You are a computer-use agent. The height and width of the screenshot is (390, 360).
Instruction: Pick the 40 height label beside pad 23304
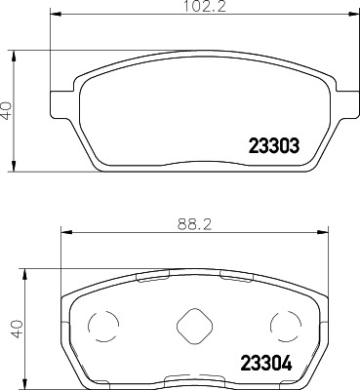pyautogui.click(x=9, y=329)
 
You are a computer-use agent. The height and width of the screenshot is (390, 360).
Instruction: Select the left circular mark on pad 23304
pyautogui.click(x=101, y=325)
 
